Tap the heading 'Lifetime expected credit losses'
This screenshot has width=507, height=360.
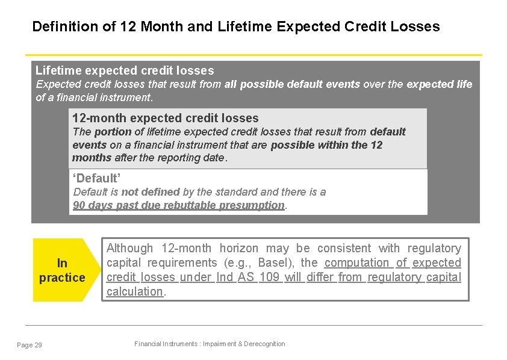tap(125, 70)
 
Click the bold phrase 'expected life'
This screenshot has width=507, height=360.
tap(440, 84)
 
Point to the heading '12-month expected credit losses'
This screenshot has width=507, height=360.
tap(165, 118)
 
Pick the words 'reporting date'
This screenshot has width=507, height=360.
tap(193, 158)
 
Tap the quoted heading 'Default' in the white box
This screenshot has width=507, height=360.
tap(97, 178)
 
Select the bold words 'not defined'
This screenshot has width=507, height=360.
tap(151, 192)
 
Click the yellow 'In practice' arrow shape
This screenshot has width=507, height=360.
tap(63, 270)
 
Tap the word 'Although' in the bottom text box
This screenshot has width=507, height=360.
tap(129, 248)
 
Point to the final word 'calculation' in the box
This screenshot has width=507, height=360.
tap(135, 291)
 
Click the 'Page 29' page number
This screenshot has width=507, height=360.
tap(30, 344)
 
